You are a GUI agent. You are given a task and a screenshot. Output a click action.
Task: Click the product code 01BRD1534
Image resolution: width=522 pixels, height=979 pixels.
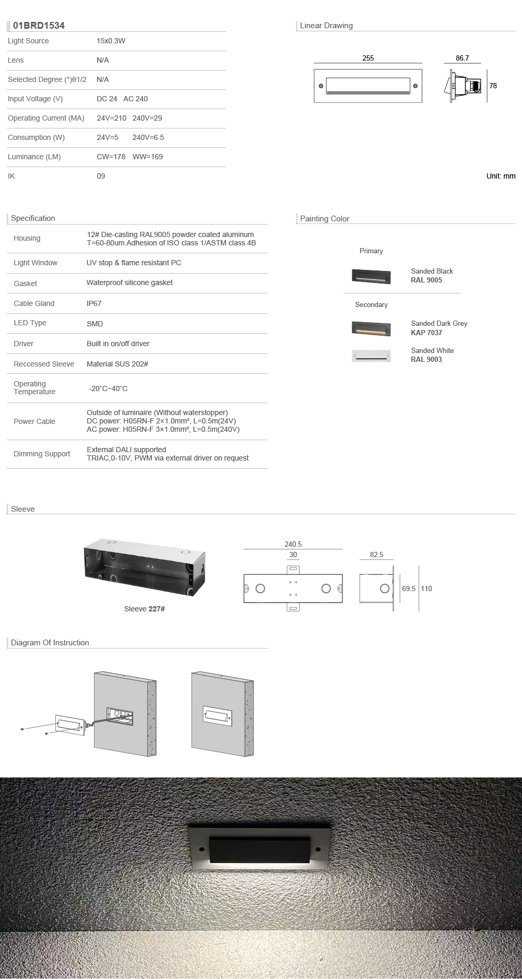coord(39,26)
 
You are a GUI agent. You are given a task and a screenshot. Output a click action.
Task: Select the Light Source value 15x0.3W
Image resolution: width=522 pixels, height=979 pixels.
coord(111,41)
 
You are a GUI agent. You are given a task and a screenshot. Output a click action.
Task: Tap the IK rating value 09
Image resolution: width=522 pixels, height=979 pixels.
coord(101,176)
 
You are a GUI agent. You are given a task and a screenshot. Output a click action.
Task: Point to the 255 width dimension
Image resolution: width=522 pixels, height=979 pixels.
coord(368,58)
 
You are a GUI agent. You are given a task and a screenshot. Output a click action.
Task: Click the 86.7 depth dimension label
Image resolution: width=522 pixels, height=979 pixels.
coord(462,58)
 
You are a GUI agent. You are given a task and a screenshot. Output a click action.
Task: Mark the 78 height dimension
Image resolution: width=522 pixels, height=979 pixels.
coord(493,86)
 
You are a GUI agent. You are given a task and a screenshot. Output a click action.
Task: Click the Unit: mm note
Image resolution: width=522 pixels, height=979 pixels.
coord(501,176)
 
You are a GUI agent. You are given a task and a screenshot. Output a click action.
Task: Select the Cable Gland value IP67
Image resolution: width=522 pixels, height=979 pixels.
coord(94,303)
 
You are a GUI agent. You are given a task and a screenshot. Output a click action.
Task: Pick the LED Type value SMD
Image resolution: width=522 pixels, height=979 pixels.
coord(94,324)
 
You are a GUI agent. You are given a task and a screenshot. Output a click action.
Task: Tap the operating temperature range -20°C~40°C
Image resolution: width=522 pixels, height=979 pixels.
coord(108,388)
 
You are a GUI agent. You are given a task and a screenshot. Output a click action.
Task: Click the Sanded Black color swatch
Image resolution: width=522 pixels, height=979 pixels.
coord(371,276)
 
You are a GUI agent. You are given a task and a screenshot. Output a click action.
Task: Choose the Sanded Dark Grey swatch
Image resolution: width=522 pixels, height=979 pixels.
coord(371,328)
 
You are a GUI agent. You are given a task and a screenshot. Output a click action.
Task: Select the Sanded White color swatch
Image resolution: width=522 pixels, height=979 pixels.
coord(371,356)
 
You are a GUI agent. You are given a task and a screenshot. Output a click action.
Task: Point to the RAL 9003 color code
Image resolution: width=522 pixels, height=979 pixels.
coord(426,359)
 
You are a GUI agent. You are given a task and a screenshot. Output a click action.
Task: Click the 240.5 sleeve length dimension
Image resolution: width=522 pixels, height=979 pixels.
coord(293,544)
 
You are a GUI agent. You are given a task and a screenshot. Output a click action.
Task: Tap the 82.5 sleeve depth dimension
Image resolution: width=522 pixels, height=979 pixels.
coord(376,555)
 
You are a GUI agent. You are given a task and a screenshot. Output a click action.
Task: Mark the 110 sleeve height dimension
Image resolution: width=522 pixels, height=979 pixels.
coord(426,588)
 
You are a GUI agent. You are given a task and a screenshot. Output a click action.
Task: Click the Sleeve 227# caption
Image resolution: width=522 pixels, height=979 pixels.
coord(145,609)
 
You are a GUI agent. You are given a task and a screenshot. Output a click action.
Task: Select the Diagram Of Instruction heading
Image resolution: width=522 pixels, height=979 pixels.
coord(50,643)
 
